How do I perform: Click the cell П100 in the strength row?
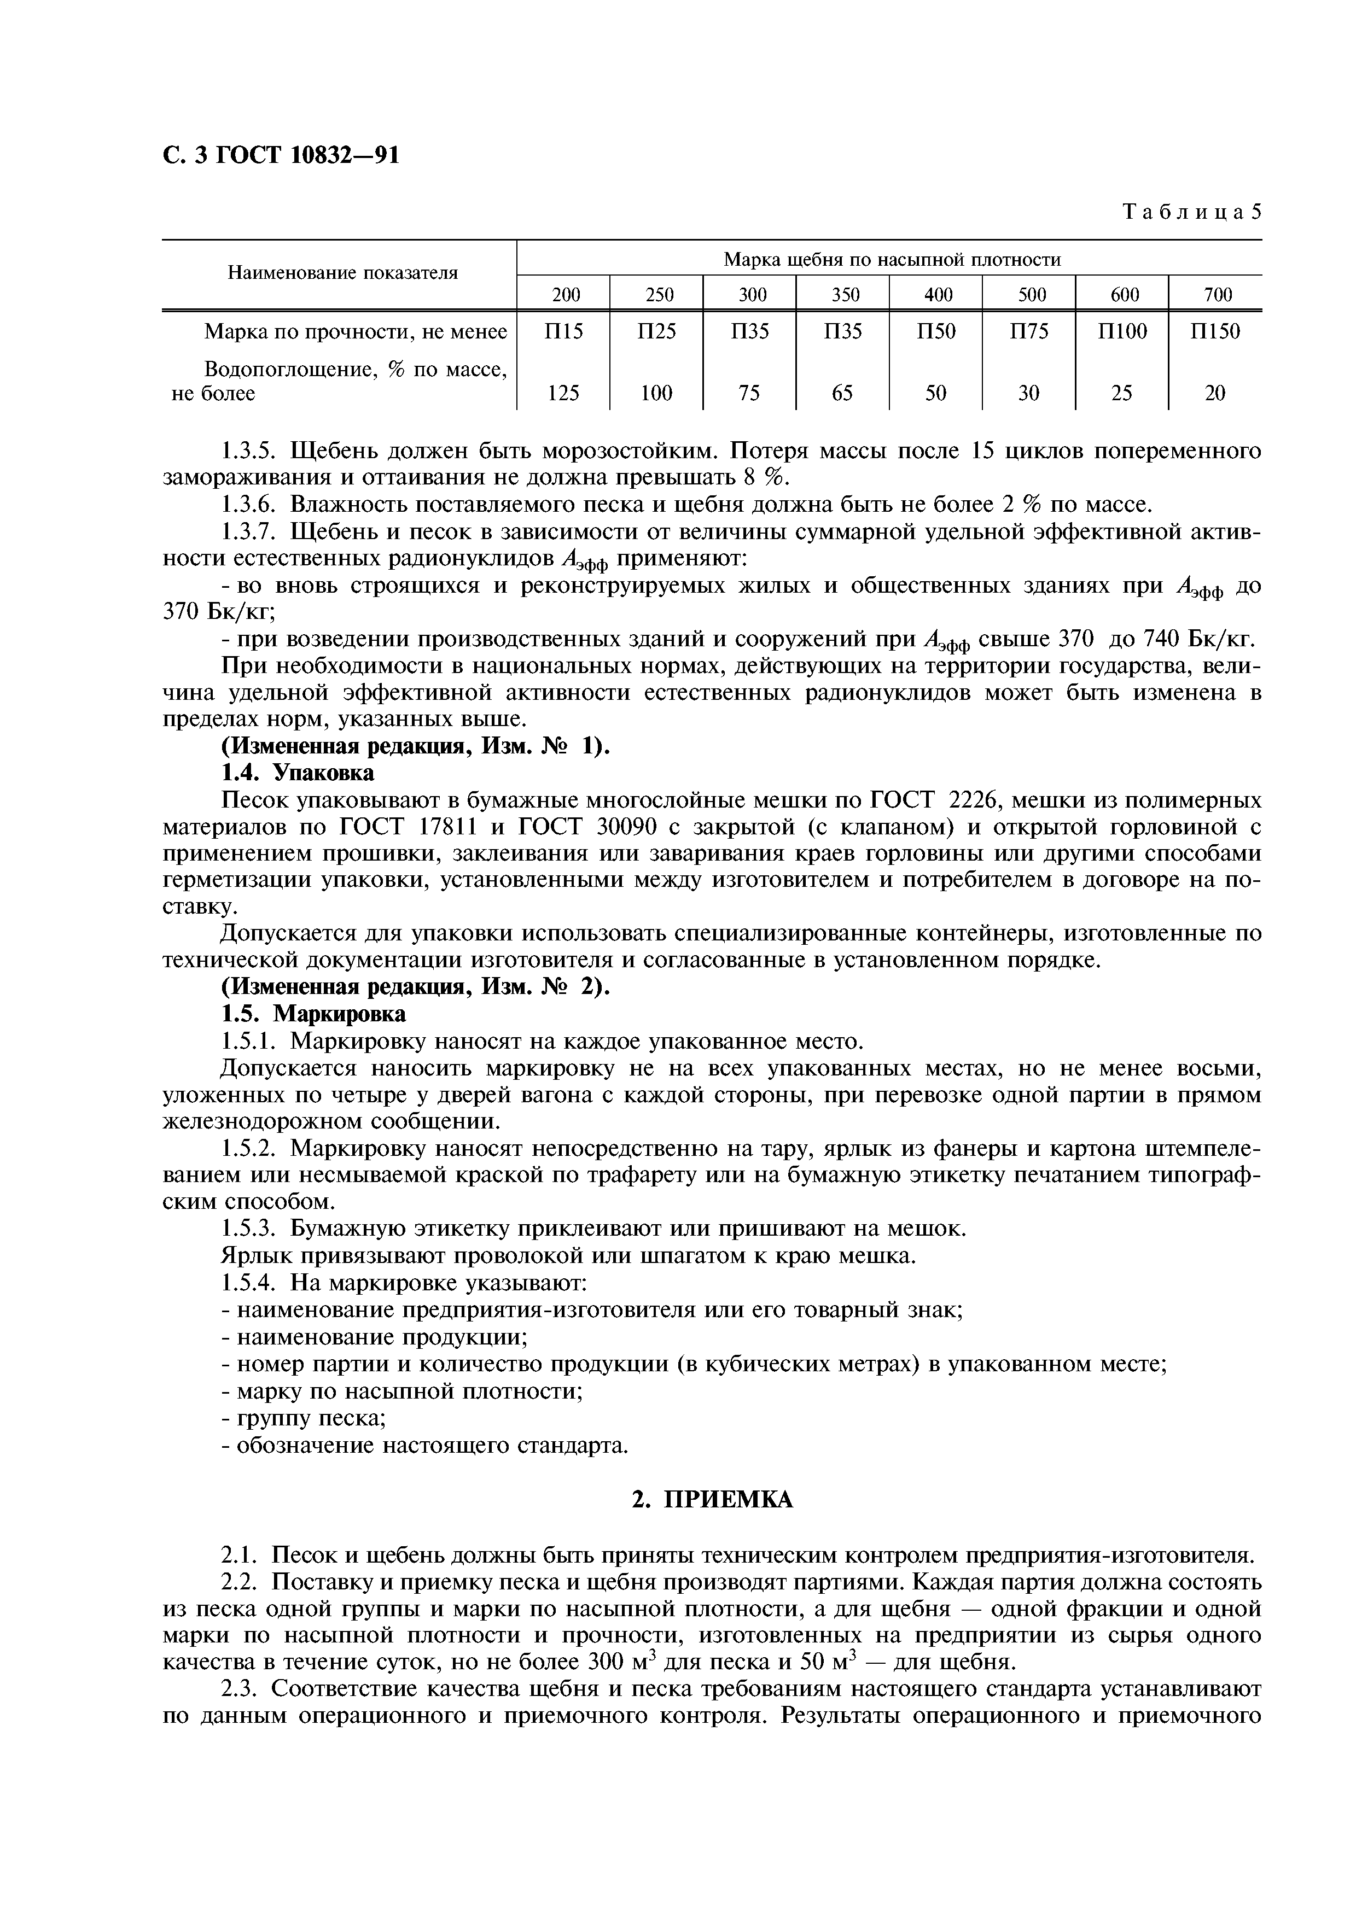click(x=1121, y=332)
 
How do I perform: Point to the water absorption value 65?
click(x=842, y=393)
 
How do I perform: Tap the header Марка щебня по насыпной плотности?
click(x=892, y=259)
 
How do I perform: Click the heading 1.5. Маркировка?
click(x=312, y=1013)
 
